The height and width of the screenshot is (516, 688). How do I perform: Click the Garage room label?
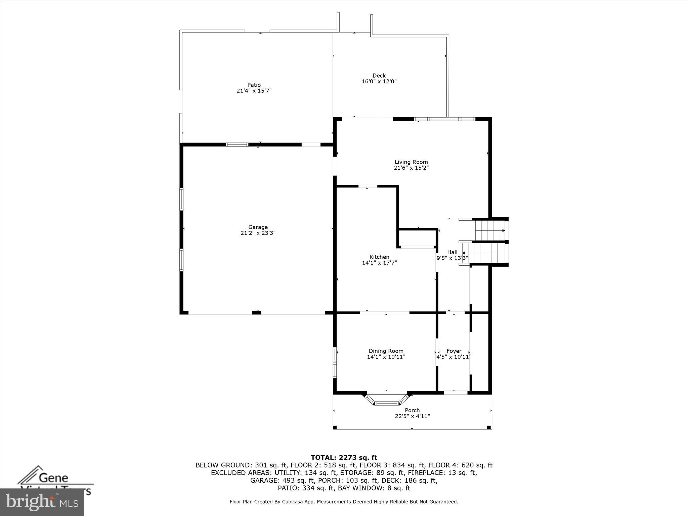pos(258,227)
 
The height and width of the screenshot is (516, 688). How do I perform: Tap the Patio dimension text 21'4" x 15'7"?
pos(254,91)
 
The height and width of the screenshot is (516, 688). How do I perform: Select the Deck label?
pos(379,76)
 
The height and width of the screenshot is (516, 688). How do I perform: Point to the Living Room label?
pos(411,162)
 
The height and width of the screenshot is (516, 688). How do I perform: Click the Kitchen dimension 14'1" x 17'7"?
pos(379,263)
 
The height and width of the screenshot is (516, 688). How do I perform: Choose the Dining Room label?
pos(386,351)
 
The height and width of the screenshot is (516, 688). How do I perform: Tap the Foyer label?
pos(454,351)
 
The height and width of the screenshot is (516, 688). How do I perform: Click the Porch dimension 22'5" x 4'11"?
pos(412,416)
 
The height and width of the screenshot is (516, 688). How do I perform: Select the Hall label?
pos(452,252)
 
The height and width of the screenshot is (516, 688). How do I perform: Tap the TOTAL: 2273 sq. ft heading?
pos(344,458)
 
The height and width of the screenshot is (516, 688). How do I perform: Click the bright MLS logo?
pos(42,502)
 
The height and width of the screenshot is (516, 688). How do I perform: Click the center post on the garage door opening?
pos(256,313)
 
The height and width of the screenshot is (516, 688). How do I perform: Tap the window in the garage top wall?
pos(236,145)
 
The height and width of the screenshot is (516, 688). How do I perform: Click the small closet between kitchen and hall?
pos(417,238)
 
